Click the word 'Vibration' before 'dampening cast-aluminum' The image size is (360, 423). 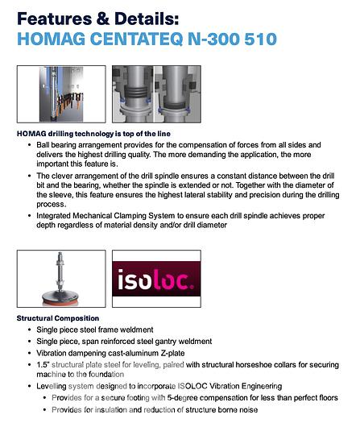53,352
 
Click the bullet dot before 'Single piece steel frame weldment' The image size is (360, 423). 30,330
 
